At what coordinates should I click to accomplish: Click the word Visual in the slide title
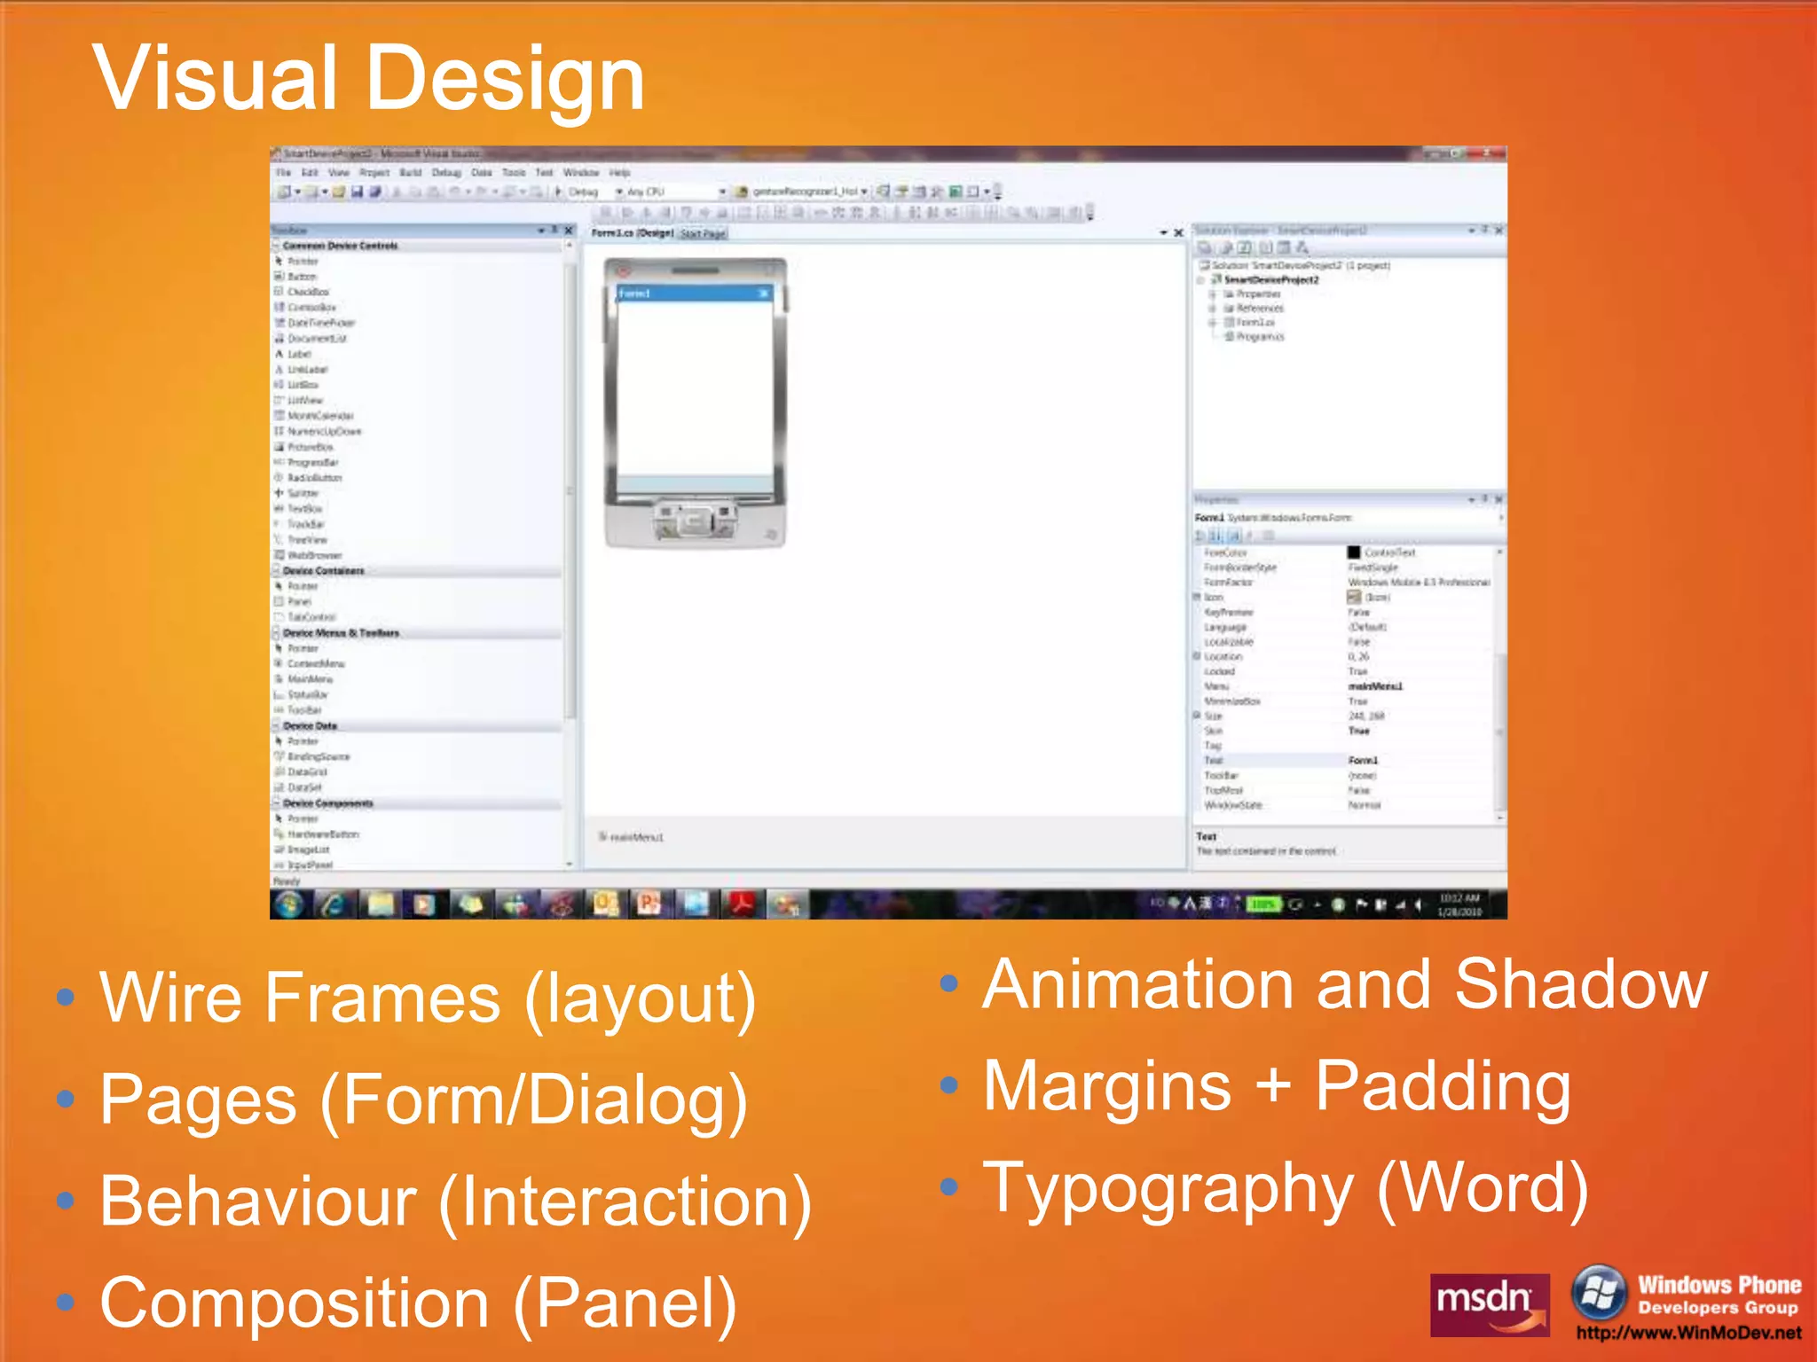(x=215, y=80)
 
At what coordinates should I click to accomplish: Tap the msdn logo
(x=1489, y=1303)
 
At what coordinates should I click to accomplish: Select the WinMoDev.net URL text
(x=1688, y=1333)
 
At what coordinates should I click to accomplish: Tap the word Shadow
(x=1581, y=985)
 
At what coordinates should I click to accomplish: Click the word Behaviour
(x=258, y=1202)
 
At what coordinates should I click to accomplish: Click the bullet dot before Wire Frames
(x=64, y=998)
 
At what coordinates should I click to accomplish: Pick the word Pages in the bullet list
(x=198, y=1100)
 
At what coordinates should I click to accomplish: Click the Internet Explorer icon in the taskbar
(x=334, y=904)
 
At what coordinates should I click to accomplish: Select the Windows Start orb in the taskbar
(x=288, y=904)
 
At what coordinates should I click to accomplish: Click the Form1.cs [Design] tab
(x=633, y=233)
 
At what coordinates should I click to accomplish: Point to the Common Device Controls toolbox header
(x=340, y=246)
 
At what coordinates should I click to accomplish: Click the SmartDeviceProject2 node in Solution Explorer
(x=1270, y=279)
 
